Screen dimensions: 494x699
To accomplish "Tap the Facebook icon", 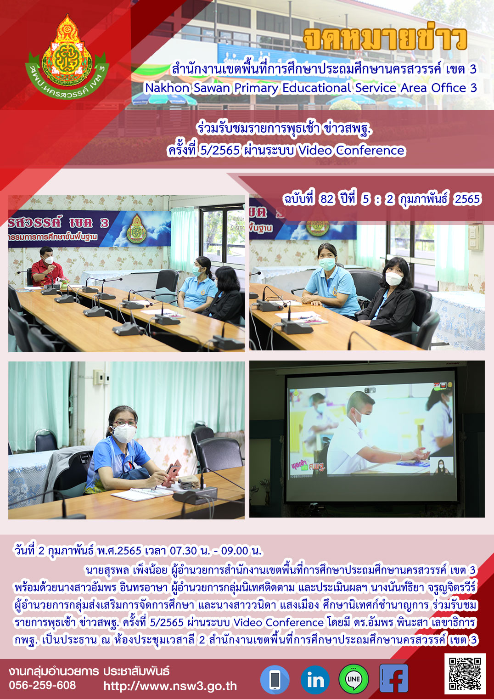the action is click(393, 678).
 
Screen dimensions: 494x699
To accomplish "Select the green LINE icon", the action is click(354, 679).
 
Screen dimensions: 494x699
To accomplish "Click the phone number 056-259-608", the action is click(42, 685).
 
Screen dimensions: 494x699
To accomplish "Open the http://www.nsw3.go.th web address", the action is click(170, 686).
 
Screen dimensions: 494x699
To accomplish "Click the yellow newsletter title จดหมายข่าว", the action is click(385, 39).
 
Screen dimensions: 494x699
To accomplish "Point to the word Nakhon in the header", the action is click(168, 88).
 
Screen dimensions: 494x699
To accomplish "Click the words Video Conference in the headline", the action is click(351, 151).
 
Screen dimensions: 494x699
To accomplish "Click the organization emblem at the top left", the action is click(67, 55).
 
